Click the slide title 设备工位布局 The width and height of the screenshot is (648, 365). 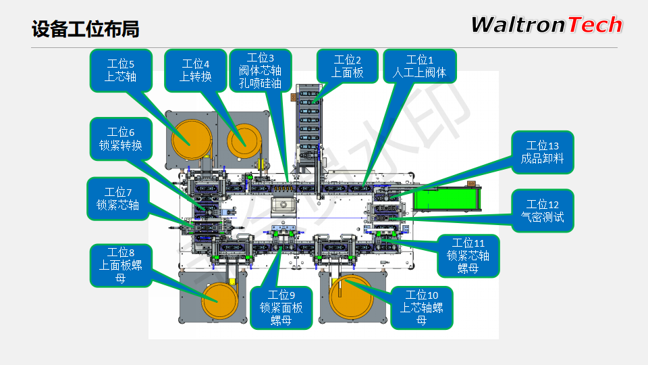(86, 29)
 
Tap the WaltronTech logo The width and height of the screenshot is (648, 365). (546, 25)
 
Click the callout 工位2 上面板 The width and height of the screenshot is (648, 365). (348, 66)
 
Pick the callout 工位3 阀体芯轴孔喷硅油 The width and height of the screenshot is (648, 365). (261, 70)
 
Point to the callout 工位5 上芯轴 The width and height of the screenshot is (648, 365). (121, 70)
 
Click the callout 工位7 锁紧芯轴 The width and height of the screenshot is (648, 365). (117, 198)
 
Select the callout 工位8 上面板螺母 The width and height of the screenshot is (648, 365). (121, 265)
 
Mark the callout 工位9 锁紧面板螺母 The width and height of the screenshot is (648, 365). (281, 308)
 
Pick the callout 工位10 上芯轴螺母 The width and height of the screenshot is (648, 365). (422, 308)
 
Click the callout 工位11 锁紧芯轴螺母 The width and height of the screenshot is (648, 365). (468, 255)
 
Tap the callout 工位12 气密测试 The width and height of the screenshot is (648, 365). (543, 211)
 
